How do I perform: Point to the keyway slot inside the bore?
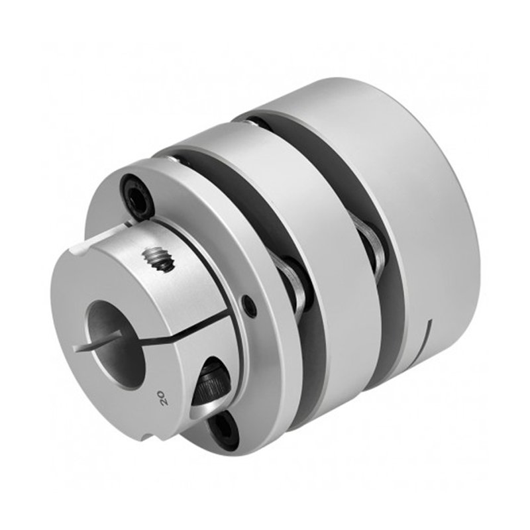click(x=98, y=340)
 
